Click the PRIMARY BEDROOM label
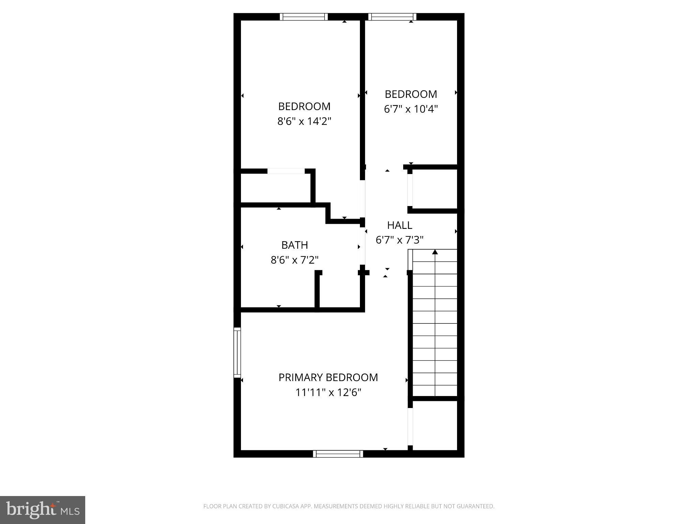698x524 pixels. (x=328, y=377)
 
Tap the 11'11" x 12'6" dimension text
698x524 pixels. (x=328, y=393)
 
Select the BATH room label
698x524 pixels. (x=294, y=245)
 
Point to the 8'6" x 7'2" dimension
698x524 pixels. (x=294, y=260)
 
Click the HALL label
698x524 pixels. (x=399, y=225)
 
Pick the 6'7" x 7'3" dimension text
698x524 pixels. (x=399, y=240)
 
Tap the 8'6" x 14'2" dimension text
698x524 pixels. (x=304, y=121)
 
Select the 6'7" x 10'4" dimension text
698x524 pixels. (x=411, y=109)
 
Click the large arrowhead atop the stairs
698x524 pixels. (x=435, y=252)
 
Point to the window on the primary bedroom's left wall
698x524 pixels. (x=237, y=352)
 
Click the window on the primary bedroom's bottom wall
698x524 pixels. (x=338, y=454)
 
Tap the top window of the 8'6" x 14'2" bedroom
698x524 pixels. (x=304, y=17)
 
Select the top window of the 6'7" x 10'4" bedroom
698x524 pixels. (x=392, y=17)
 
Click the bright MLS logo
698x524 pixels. (x=43, y=510)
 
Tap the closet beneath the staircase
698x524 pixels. (x=435, y=425)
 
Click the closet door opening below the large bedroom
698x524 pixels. (x=286, y=171)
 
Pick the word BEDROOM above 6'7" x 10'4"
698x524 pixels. (x=411, y=94)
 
